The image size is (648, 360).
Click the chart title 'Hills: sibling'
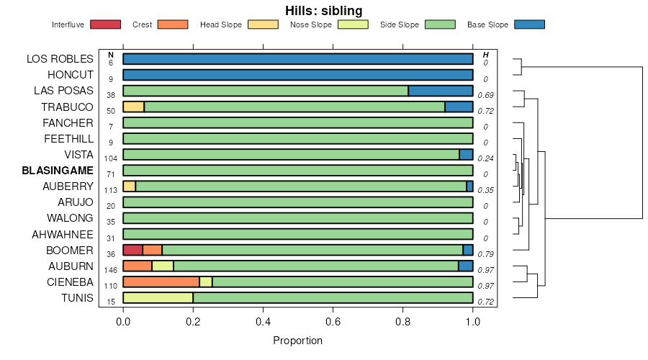point(323,10)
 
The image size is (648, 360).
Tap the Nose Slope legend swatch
point(353,24)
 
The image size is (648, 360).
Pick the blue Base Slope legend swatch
point(529,24)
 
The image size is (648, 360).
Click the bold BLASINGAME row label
point(58,171)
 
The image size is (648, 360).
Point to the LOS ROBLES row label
point(60,59)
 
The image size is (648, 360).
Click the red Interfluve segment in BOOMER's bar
point(133,250)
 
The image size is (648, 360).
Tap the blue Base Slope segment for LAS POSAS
point(441,91)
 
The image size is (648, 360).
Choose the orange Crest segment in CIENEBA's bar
point(161,282)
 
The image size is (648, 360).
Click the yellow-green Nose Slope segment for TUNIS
point(158,297)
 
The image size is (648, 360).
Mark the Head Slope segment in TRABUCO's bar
point(133,107)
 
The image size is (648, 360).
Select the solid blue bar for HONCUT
point(298,75)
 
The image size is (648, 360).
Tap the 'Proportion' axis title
point(297,341)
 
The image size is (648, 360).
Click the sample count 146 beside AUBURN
point(111,270)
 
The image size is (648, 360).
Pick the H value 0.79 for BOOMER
point(485,254)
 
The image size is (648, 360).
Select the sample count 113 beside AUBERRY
point(111,191)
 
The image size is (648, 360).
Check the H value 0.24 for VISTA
point(485,158)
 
